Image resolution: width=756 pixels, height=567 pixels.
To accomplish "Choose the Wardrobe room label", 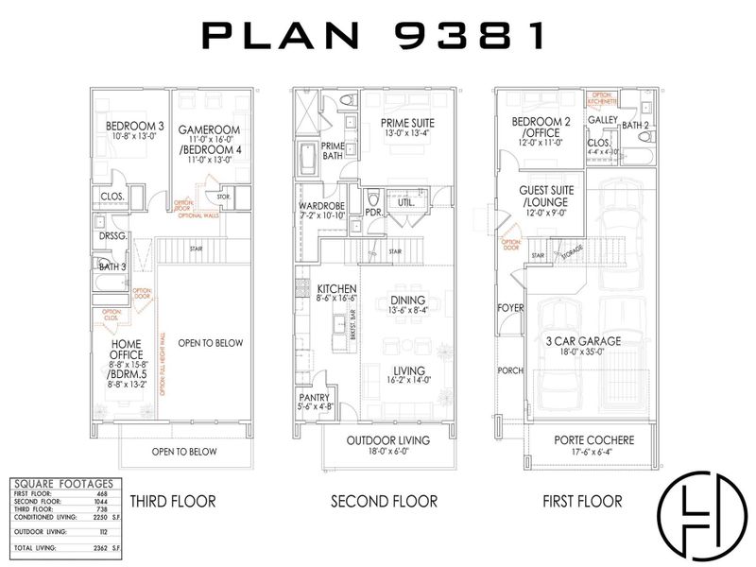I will (x=320, y=205).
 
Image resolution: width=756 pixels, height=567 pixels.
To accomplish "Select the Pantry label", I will (x=316, y=400).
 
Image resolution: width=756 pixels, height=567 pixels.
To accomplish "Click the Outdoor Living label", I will (x=387, y=440).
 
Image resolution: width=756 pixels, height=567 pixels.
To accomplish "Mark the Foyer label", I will (x=510, y=308).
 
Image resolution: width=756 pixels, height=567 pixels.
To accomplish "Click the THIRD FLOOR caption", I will (x=173, y=501).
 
